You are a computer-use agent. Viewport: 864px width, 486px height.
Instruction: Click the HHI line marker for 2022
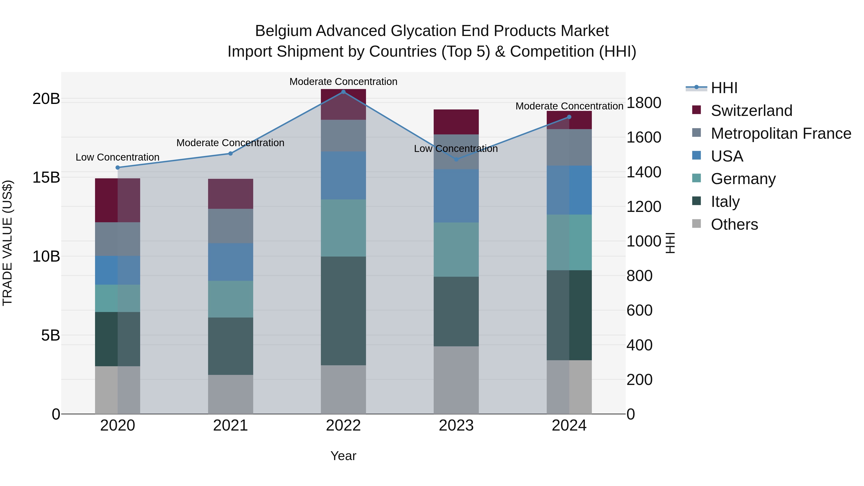click(343, 92)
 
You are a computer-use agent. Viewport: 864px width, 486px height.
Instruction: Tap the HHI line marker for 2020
click(117, 167)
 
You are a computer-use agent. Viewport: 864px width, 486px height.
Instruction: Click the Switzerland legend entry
click(751, 111)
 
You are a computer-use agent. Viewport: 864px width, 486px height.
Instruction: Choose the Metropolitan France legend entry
click(780, 133)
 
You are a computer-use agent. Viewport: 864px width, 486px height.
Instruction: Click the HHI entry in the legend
click(724, 88)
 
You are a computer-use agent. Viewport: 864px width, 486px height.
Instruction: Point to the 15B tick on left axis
click(46, 177)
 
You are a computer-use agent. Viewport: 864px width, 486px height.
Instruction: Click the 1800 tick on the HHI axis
click(643, 103)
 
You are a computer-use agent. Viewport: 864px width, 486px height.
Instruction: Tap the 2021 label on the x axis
click(230, 426)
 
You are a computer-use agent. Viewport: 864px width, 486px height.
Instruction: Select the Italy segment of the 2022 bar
click(343, 311)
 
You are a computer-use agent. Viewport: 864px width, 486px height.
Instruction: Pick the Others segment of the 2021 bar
click(230, 394)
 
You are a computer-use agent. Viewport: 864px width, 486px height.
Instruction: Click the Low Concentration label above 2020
click(117, 157)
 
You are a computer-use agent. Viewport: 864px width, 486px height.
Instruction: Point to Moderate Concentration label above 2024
click(569, 106)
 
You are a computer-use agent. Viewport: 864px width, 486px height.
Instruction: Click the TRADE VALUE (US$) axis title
click(7, 243)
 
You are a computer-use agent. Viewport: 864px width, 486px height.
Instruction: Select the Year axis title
click(343, 456)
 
